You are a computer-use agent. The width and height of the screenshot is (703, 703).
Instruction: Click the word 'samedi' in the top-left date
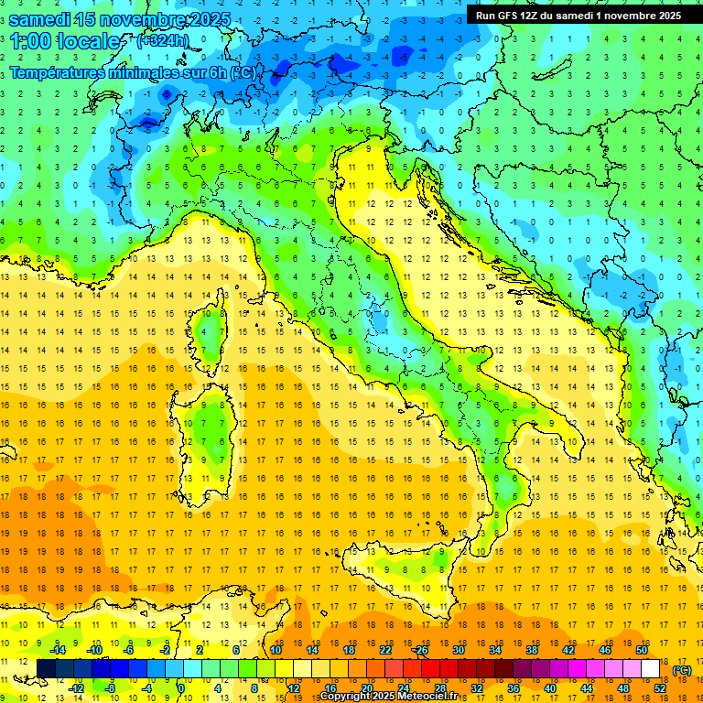click(x=41, y=19)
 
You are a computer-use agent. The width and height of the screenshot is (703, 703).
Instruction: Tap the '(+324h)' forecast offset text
click(x=163, y=41)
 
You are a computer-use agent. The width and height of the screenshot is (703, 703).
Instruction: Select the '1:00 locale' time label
click(x=66, y=41)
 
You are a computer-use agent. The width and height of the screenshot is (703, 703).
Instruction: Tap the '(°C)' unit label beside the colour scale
click(x=682, y=670)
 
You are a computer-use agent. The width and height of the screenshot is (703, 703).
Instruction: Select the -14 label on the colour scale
click(x=58, y=649)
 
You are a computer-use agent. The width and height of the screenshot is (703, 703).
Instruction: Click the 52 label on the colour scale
click(x=660, y=687)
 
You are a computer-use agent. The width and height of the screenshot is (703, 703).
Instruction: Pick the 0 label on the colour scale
click(x=180, y=687)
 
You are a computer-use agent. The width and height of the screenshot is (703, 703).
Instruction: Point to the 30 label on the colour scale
click(x=458, y=649)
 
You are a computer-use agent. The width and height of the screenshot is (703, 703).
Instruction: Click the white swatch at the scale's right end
click(x=651, y=668)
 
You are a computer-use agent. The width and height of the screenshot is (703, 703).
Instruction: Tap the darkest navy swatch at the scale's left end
click(x=46, y=668)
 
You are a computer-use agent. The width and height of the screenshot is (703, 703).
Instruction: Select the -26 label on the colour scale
click(x=420, y=649)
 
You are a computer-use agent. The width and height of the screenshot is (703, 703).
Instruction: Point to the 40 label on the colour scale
click(x=550, y=687)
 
